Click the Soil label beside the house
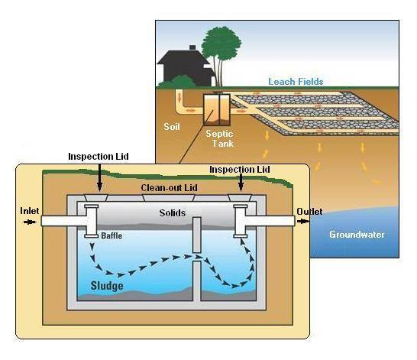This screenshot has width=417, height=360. click(x=173, y=126)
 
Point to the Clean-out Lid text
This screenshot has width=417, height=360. click(x=167, y=186)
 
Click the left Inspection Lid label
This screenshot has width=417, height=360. click(x=99, y=156)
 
